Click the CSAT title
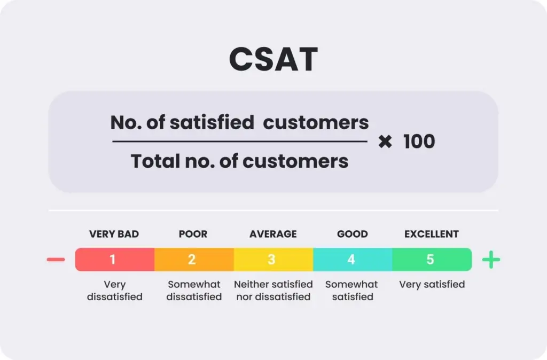[x=273, y=59]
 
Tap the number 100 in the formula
[x=419, y=142]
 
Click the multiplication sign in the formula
[x=385, y=142]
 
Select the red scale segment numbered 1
[x=114, y=260]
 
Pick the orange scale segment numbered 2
[x=193, y=260]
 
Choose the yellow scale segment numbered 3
[x=272, y=260]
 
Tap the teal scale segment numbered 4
[x=351, y=260]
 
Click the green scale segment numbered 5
[x=431, y=260]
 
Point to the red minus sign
[x=56, y=260]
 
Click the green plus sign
[x=491, y=260]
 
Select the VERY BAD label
[x=114, y=234]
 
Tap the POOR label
[x=193, y=234]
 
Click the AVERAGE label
[x=273, y=234]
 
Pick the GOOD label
[x=352, y=234]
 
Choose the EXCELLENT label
[x=431, y=234]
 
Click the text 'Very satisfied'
[x=432, y=284]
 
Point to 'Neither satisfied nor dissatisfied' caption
[x=273, y=290]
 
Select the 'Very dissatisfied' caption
[x=114, y=290]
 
